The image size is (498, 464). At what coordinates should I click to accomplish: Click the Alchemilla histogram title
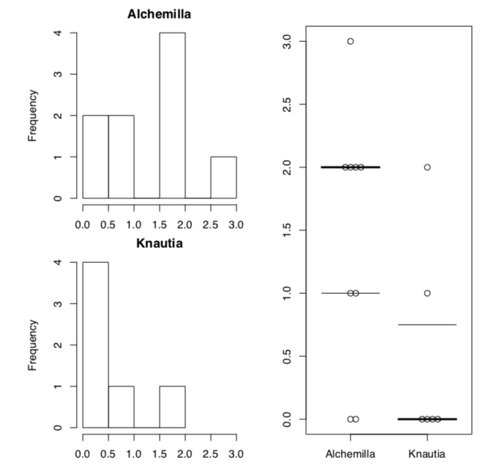click(x=159, y=14)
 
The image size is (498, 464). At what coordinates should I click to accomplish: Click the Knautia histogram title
click(x=159, y=243)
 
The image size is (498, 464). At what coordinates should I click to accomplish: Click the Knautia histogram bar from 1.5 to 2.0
click(x=172, y=406)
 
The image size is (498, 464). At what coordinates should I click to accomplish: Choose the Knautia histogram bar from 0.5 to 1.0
click(x=121, y=406)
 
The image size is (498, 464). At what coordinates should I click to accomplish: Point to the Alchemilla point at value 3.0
click(x=351, y=41)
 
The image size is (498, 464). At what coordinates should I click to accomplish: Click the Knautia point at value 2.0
click(x=427, y=167)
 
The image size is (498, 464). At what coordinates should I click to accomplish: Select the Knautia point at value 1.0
click(x=427, y=293)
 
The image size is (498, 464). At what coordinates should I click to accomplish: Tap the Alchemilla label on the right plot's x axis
click(x=351, y=454)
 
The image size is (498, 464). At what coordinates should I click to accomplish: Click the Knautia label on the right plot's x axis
click(x=427, y=454)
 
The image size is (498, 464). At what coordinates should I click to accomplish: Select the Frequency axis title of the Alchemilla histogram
click(x=32, y=115)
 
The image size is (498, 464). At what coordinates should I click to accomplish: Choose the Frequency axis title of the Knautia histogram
click(x=32, y=345)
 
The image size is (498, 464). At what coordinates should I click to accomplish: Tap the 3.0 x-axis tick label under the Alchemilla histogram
click(x=236, y=224)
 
